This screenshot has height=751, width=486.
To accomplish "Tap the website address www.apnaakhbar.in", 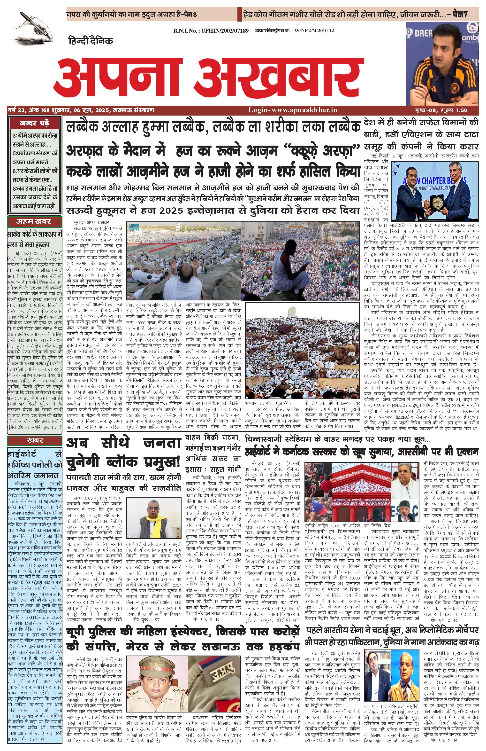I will [293, 110].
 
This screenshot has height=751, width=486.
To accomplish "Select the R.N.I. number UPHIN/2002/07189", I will [211, 31].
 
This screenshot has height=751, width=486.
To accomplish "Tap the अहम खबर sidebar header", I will [34, 221].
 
